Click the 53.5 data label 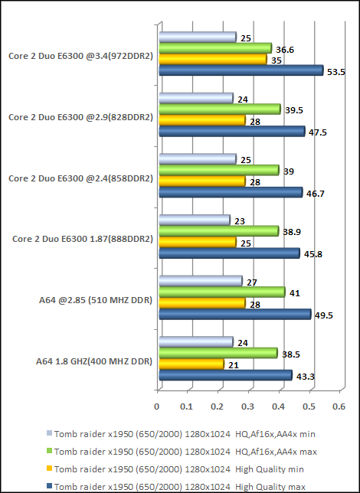coord(336,71)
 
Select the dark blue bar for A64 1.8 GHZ coord(224,375)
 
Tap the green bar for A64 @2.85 coord(221,292)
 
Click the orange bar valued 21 coord(191,364)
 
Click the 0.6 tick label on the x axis coord(339,406)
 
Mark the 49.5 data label coord(324,315)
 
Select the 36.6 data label coord(285,48)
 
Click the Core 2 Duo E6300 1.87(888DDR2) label coord(83,238)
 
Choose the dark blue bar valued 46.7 coord(230,192)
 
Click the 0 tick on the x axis coord(157,406)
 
